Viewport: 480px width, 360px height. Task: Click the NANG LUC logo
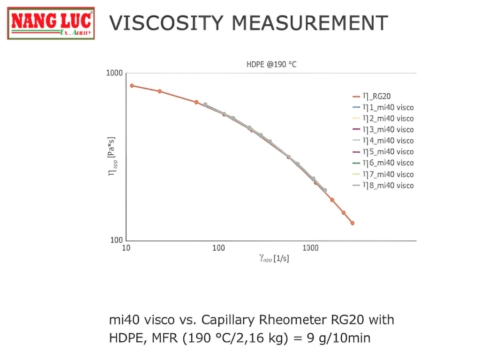tap(51, 23)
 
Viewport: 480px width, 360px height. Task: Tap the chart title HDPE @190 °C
tap(271, 65)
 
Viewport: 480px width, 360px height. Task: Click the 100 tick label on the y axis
tap(116, 240)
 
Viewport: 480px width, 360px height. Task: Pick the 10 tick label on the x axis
tap(126, 248)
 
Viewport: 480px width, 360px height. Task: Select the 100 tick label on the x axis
tap(218, 248)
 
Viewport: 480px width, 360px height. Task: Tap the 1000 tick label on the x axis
tap(310, 248)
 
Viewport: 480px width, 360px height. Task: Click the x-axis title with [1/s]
tap(274, 258)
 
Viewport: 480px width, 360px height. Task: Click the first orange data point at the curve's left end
tap(132, 85)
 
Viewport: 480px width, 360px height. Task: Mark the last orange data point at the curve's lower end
tap(352, 223)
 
